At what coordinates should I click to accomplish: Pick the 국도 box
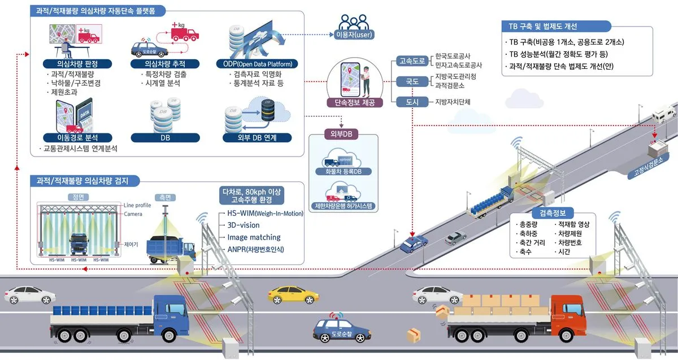412,81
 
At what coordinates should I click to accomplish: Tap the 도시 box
412,102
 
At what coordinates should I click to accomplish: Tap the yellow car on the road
293,294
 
